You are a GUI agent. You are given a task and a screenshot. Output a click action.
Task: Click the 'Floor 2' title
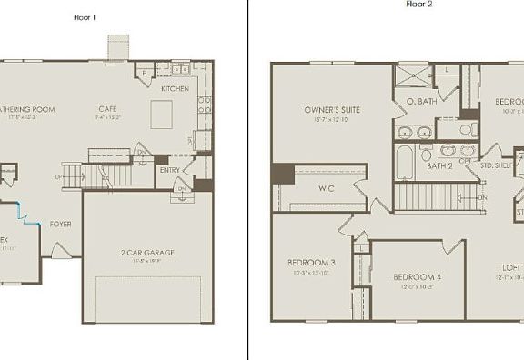click(419, 4)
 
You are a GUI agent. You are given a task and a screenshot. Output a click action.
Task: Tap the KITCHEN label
click(175, 89)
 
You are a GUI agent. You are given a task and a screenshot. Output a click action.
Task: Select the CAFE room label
click(108, 110)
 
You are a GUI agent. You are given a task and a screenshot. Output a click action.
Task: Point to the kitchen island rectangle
click(162, 115)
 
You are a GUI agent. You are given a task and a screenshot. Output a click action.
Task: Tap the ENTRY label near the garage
click(169, 169)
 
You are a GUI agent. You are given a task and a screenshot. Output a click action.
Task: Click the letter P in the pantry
click(144, 72)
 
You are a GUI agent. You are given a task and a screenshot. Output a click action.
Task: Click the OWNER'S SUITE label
click(332, 110)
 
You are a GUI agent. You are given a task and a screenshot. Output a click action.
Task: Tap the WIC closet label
click(327, 189)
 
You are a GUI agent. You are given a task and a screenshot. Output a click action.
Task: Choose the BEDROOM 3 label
click(312, 263)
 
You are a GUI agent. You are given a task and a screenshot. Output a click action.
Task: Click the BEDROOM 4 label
click(418, 276)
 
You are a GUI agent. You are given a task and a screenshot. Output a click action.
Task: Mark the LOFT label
click(511, 267)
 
